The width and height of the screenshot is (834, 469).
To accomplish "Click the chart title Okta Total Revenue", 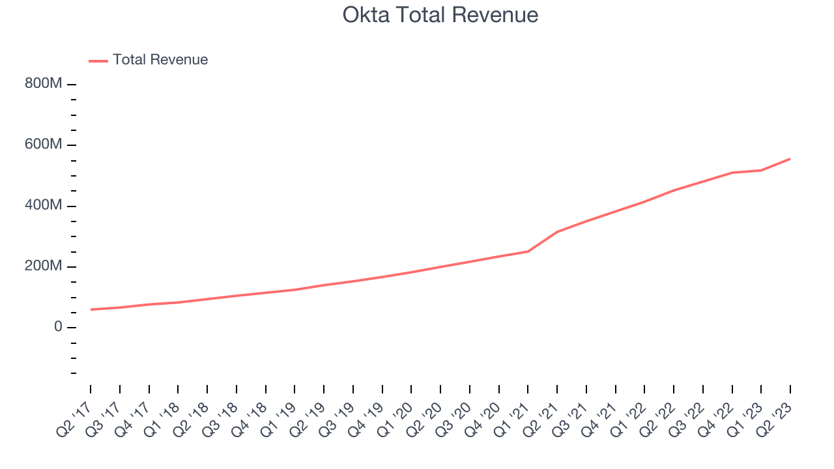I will click(440, 15).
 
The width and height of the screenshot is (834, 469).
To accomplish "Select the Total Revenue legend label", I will click(160, 60).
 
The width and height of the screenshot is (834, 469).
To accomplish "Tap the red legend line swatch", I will click(98, 61).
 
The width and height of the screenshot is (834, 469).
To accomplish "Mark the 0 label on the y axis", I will click(58, 327).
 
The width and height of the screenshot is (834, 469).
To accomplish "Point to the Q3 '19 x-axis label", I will click(339, 414).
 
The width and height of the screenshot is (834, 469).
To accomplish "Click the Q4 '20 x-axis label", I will click(485, 414).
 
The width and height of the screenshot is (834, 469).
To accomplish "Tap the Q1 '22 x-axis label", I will click(631, 414).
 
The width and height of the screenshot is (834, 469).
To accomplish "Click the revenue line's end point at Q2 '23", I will click(790, 158).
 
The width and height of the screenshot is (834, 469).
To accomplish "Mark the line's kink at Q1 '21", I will click(528, 251).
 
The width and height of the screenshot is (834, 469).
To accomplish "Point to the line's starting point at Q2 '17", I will click(91, 309).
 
